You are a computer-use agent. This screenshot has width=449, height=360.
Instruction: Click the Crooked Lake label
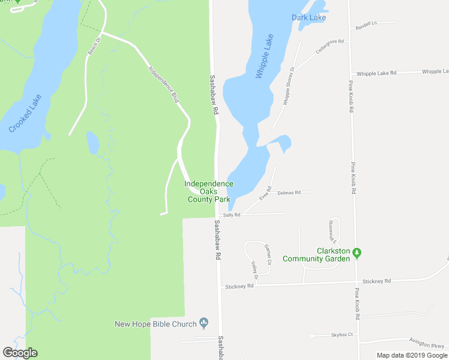tap(26, 113)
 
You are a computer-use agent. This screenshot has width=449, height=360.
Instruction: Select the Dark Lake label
tap(309, 17)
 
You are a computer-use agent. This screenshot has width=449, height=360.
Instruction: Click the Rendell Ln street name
tap(366, 26)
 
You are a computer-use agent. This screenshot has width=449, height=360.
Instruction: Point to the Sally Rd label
tap(232, 214)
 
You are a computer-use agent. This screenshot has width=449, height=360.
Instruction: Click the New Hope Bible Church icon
tap(203, 324)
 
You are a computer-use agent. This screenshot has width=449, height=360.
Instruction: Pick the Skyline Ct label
tap(342, 334)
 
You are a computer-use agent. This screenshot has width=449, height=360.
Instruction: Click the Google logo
tap(20, 353)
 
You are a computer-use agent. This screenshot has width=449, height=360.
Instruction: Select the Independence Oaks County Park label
tap(208, 191)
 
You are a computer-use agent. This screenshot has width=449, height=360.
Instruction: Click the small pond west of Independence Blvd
tap(92, 143)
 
